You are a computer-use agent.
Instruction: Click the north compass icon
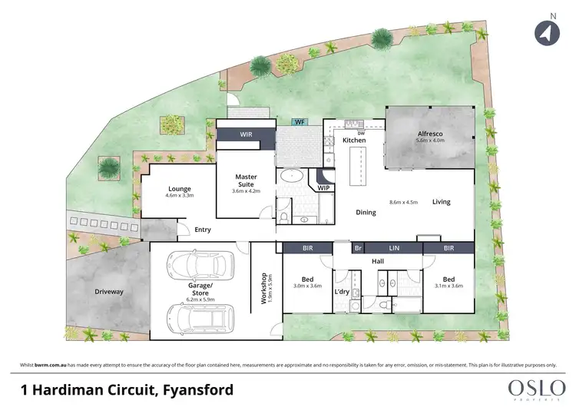(544, 31)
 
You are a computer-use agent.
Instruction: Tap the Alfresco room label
(430, 132)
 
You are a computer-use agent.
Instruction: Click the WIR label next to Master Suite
(246, 134)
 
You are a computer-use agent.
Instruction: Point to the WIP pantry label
(323, 187)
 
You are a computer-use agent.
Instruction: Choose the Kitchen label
(354, 141)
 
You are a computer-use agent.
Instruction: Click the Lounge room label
(179, 189)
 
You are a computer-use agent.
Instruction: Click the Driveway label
(109, 292)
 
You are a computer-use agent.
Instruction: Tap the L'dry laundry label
(342, 292)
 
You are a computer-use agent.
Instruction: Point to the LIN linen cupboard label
(395, 248)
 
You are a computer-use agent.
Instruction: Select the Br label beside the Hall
(357, 248)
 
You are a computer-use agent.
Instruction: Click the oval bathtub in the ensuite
(293, 177)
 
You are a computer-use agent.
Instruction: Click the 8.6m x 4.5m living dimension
(403, 202)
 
